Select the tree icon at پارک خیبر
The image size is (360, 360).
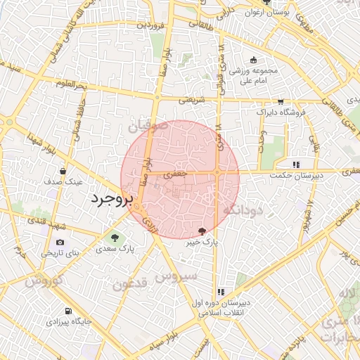(202, 231)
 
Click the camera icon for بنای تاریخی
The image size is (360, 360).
(59, 243)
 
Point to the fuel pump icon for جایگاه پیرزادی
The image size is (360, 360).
(67, 311)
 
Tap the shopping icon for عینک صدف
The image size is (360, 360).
(63, 171)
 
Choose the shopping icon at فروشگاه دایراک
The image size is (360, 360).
(281, 101)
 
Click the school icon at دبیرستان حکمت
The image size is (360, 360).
(296, 165)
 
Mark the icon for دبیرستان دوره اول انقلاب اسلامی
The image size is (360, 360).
(221, 292)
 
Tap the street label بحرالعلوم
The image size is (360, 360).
(72, 85)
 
